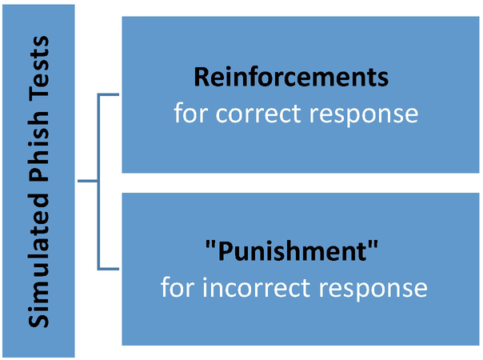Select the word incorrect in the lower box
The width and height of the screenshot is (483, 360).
pos(258,286)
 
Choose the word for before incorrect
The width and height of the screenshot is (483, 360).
pos(178,286)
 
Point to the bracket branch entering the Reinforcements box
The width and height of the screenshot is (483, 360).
pos(110,96)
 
